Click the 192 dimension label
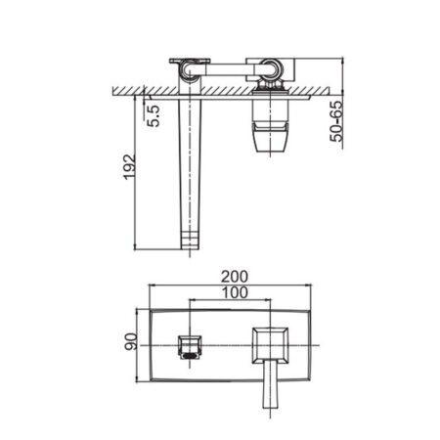pyautogui.click(x=129, y=166)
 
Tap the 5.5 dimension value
pyautogui.click(x=154, y=115)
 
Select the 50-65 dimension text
pyautogui.click(x=336, y=121)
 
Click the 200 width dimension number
pyautogui.click(x=235, y=277)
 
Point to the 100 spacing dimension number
pyautogui.click(x=235, y=292)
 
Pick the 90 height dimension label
pyautogui.click(x=131, y=341)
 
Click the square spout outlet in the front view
pyautogui.click(x=190, y=347)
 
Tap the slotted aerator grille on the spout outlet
pyautogui.click(x=190, y=356)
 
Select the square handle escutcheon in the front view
pyautogui.click(x=270, y=345)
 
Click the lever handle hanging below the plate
pyautogui.click(x=270, y=384)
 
